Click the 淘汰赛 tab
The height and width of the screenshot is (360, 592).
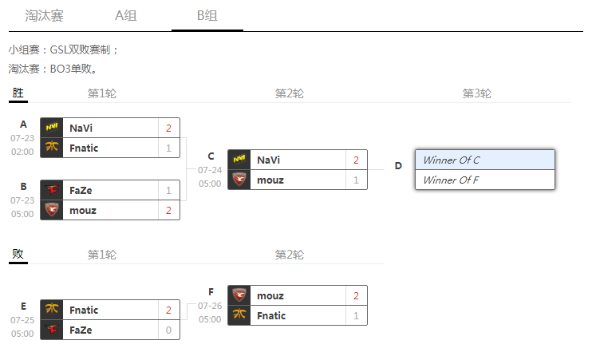point(44,15)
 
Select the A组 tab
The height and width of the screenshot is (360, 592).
point(127,15)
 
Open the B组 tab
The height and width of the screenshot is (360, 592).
point(207,15)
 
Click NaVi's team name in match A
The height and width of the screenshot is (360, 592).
point(81,128)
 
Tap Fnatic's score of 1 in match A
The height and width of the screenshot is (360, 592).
point(168,148)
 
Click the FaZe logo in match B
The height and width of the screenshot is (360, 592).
point(52,190)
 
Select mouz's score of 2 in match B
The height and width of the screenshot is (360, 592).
point(168,210)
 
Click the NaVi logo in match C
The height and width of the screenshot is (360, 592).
point(239,160)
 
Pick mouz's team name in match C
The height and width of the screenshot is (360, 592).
point(270,180)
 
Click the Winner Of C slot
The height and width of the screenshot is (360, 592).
point(484,160)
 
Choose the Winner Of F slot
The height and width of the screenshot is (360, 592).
point(484,180)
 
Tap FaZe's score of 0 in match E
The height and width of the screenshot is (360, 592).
point(168,330)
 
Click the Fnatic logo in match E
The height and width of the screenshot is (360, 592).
point(52,310)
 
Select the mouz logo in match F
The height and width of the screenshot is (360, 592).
point(239,295)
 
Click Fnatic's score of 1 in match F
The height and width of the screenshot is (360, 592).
point(356,315)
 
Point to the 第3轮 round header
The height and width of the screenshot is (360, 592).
point(477,93)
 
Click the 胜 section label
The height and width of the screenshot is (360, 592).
point(18,93)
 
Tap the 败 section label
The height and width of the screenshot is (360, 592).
point(18,255)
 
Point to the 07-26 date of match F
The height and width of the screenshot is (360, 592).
point(210,306)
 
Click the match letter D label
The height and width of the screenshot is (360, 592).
point(398,166)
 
